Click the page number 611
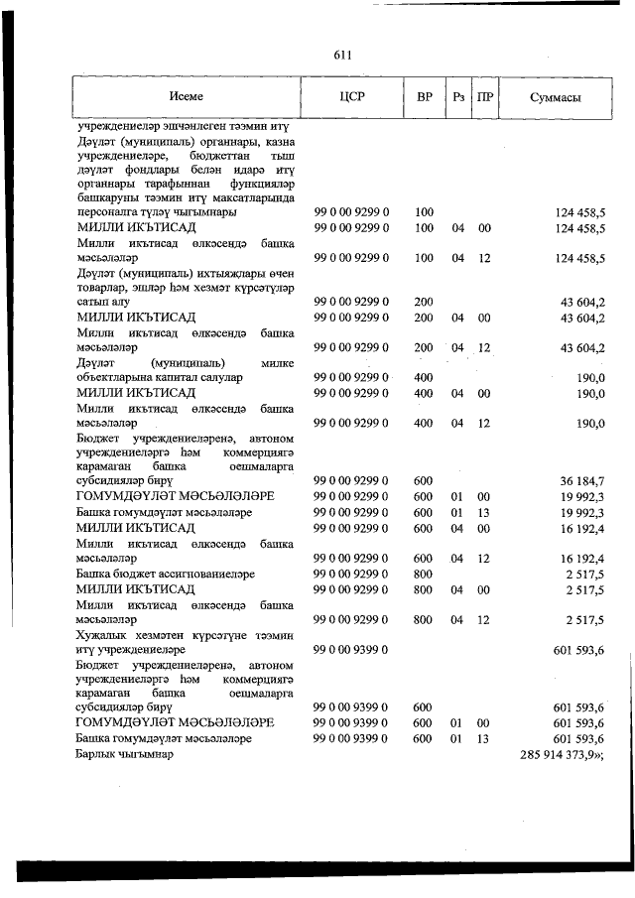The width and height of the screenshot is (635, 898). pos(343,55)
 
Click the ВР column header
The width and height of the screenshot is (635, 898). pos(425,97)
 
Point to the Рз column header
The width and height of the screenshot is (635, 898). pos(457,97)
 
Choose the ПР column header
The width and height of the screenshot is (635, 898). pos(485,97)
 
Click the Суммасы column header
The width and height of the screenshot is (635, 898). pos(556,97)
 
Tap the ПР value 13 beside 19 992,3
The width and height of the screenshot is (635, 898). pos(485,512)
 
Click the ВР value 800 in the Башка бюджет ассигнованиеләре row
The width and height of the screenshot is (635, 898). pos(424,574)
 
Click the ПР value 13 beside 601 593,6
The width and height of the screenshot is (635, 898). pos(485,739)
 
